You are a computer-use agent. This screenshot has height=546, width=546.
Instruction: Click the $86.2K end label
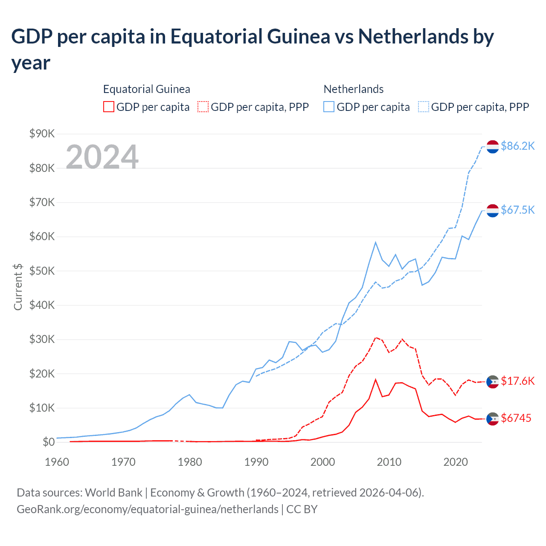click(517, 146)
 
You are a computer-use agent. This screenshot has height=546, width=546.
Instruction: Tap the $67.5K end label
click(517, 210)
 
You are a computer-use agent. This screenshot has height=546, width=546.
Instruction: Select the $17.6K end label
click(517, 381)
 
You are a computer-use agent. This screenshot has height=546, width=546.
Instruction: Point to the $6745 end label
click(516, 418)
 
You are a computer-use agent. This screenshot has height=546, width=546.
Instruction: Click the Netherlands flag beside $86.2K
click(493, 146)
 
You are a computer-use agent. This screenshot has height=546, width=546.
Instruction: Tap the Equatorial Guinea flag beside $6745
click(493, 419)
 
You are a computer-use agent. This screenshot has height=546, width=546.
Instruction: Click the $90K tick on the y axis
click(42, 134)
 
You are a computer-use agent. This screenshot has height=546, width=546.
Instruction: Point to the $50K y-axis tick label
click(42, 271)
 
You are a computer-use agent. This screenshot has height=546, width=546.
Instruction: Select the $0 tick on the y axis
click(49, 442)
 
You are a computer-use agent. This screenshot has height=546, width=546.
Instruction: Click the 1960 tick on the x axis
click(57, 462)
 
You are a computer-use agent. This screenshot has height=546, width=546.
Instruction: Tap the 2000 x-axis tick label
click(323, 462)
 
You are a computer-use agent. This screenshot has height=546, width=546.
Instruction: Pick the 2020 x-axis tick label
click(456, 462)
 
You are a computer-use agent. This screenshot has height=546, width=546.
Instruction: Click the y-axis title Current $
click(18, 287)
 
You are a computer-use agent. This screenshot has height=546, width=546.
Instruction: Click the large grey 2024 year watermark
click(102, 157)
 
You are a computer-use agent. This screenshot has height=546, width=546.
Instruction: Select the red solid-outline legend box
click(109, 107)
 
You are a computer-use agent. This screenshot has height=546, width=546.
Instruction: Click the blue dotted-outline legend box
click(424, 107)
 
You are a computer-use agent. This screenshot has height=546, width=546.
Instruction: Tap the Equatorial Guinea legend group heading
click(146, 89)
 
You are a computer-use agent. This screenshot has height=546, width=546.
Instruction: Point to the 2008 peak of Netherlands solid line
click(375, 242)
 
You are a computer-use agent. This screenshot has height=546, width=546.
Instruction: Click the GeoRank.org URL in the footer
click(147, 509)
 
